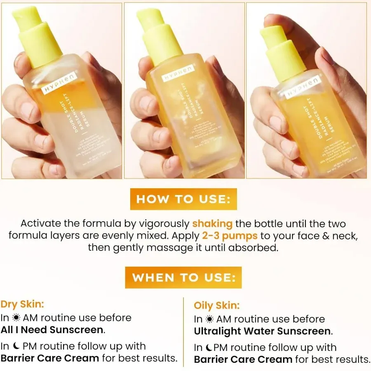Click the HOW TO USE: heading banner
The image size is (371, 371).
click(183, 199)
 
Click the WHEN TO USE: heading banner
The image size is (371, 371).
click(183, 277)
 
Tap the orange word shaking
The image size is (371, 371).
click(212, 224)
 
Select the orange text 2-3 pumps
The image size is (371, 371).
click(230, 236)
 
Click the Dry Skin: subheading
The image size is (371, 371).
click(22, 304)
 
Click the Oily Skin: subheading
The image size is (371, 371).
click(216, 305)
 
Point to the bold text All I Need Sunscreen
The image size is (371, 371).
click(52, 330)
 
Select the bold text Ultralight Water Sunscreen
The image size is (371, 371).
click(263, 331)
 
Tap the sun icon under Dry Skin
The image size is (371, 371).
click(16, 318)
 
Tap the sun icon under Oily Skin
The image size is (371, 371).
click(210, 319)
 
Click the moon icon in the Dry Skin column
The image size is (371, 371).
click(16, 346)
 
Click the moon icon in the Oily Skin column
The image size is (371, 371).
click(209, 348)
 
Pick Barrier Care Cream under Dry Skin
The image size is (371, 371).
click(50, 358)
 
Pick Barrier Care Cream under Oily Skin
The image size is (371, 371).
click(243, 359)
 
